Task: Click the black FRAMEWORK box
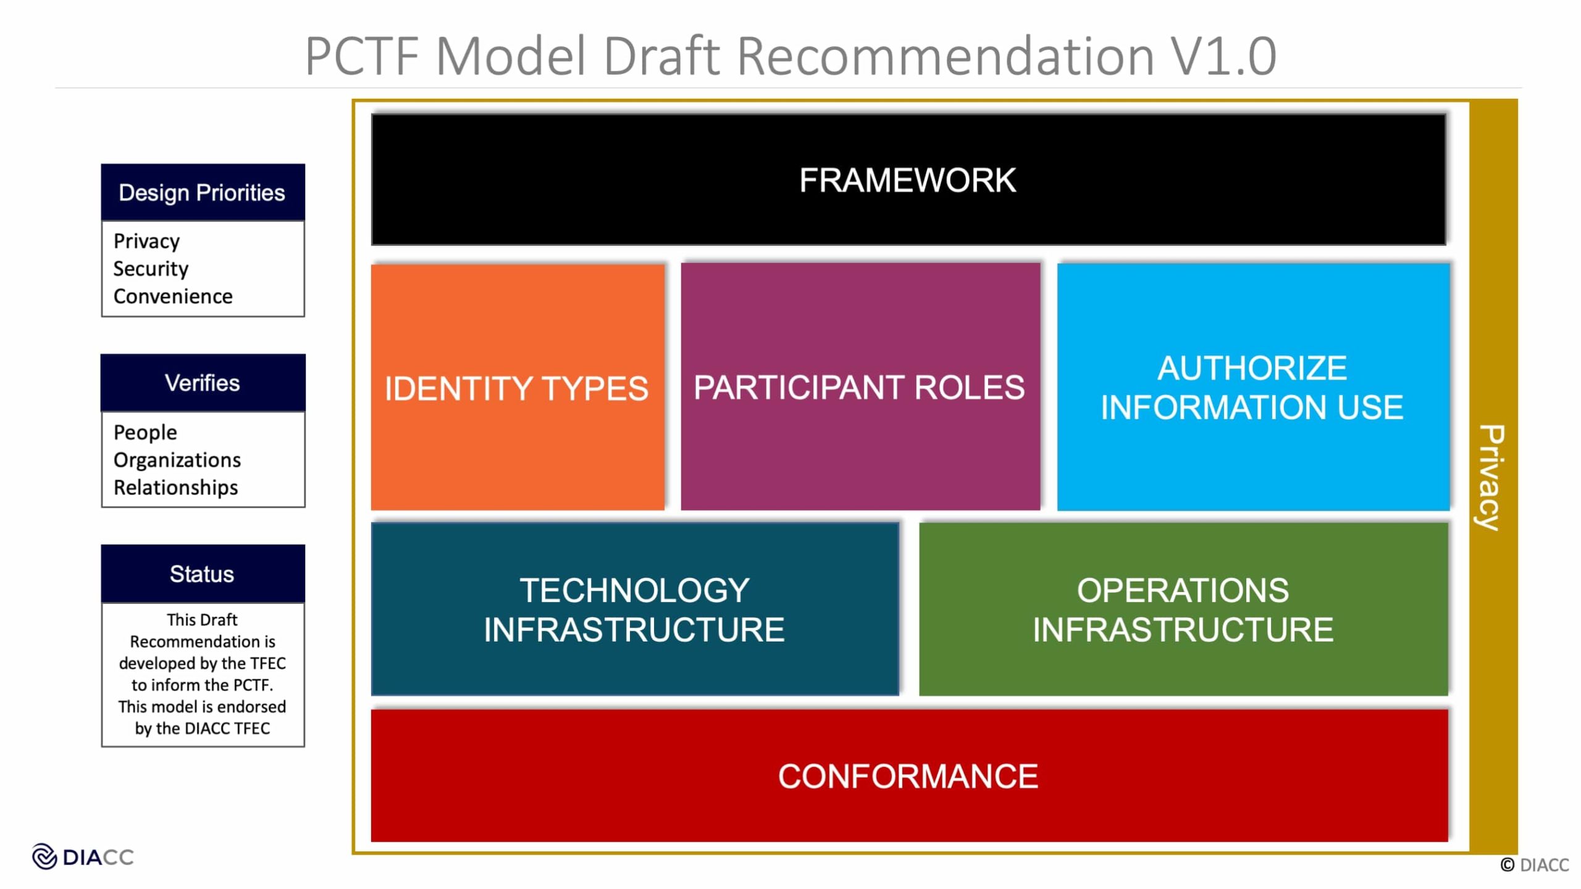908,180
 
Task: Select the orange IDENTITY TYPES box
518,388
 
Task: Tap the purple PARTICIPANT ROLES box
860,387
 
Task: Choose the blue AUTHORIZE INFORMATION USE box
1252,387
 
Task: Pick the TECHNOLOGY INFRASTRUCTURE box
634,609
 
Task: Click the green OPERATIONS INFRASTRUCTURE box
1183,609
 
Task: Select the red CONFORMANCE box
908,775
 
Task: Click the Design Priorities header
202,193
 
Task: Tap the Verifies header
202,383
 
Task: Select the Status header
202,574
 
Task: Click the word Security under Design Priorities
151,269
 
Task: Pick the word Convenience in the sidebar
173,296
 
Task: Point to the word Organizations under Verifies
177,460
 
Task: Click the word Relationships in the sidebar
175,488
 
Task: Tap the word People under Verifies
145,432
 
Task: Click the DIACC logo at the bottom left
82,857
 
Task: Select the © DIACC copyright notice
1534,865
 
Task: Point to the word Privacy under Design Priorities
146,241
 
